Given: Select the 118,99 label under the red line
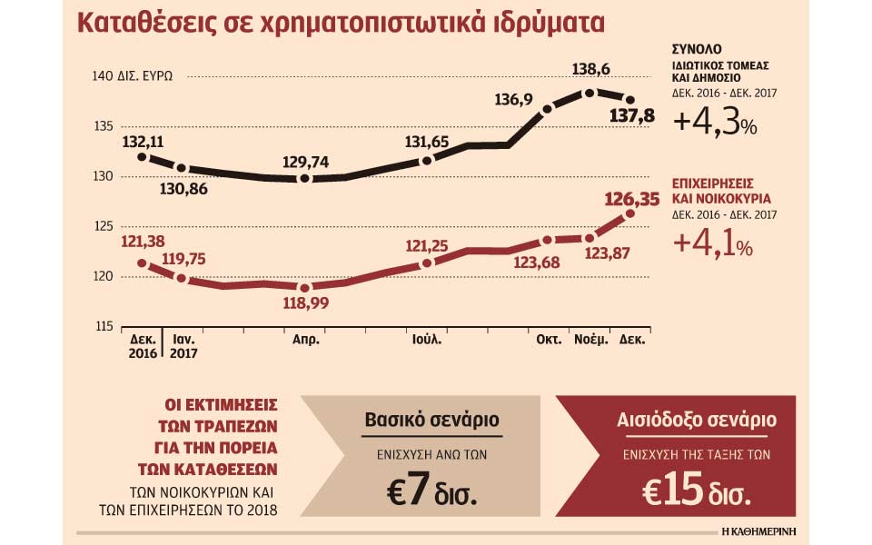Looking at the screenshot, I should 306,303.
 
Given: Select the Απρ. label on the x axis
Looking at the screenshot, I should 304,340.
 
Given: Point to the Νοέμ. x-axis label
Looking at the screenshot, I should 590,340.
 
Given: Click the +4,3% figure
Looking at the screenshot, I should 715,124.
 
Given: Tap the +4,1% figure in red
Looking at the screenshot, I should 713,244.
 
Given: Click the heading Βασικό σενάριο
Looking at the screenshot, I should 431,421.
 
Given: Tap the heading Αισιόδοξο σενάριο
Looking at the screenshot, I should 697,421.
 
